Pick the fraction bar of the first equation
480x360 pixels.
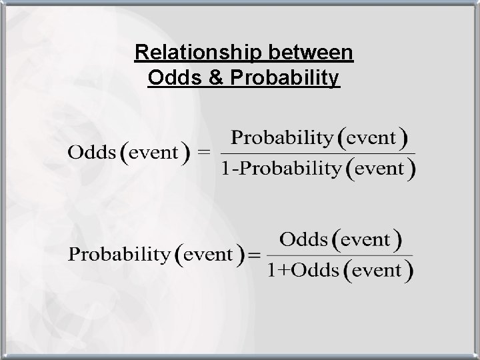(x=317, y=154)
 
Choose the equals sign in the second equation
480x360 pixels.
(x=256, y=254)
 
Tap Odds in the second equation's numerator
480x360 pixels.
(x=303, y=239)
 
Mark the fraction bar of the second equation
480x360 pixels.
(x=340, y=255)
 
